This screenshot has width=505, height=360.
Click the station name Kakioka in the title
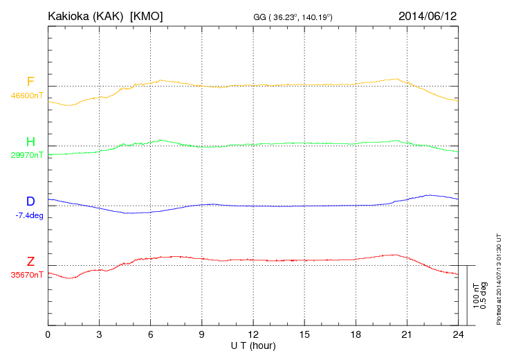point(71,15)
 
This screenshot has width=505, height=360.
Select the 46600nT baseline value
point(28,96)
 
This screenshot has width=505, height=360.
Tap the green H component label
point(30,142)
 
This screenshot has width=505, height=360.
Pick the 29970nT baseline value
point(28,155)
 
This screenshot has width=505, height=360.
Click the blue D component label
point(30,201)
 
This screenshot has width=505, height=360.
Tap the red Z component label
point(30,262)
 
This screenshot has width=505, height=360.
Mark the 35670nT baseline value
point(28,275)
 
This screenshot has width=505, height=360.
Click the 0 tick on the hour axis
point(48,334)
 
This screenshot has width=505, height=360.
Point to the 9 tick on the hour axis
point(202,334)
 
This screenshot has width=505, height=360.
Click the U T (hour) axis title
point(253,345)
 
